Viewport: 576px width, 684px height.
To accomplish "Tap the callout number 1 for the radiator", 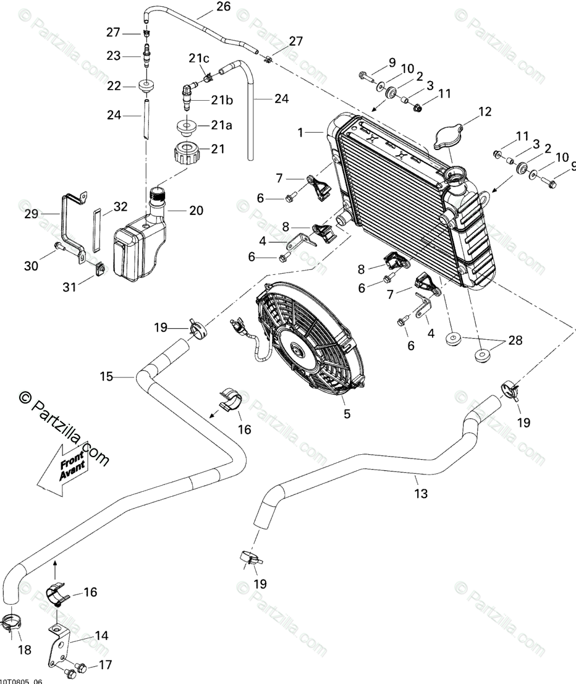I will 300,132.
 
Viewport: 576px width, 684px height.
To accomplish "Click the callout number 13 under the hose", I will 421,494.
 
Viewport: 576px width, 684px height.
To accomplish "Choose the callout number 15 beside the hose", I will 106,376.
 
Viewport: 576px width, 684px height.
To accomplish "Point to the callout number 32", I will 120,206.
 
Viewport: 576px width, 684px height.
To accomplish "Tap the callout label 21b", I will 221,99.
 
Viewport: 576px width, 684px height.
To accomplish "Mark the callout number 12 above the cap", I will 484,111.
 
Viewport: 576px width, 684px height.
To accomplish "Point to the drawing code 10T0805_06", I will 21,681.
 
